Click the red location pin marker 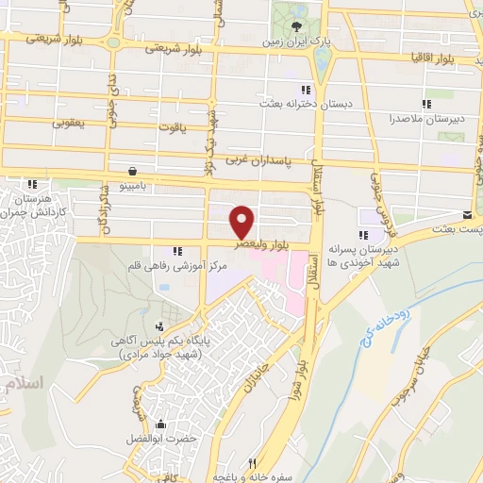coord(242,221)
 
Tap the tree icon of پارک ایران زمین coord(297,25)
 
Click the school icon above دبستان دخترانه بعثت coord(305,89)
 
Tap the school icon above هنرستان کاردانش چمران coord(33,184)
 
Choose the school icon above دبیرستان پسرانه coord(362,236)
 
